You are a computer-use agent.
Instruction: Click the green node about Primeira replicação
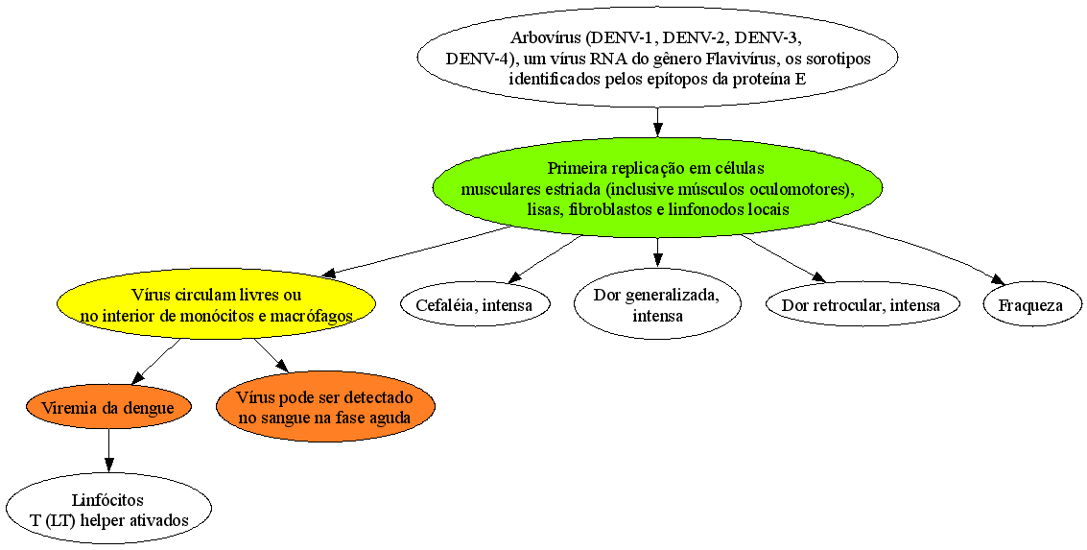click(657, 189)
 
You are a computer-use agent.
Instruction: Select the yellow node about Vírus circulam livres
click(216, 305)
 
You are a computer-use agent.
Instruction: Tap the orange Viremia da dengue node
click(108, 408)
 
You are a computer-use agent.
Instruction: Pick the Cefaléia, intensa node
click(474, 304)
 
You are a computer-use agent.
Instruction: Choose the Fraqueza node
click(1031, 305)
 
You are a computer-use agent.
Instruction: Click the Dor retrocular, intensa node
click(861, 305)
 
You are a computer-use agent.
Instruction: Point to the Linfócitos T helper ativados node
click(108, 510)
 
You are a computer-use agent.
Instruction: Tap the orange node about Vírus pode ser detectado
click(325, 408)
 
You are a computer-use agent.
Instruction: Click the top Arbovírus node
click(657, 57)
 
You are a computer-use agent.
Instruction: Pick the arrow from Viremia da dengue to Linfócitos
click(108, 453)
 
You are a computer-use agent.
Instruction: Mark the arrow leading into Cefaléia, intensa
click(544, 259)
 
